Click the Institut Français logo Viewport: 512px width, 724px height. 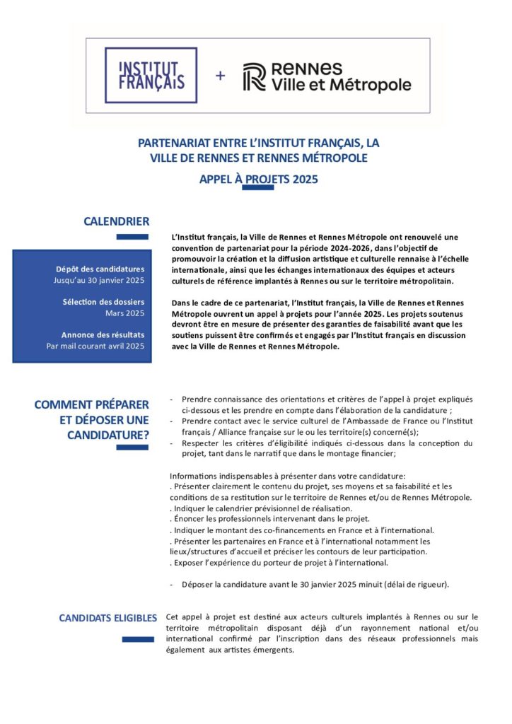click(x=151, y=75)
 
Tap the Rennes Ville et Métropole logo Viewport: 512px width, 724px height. click(x=327, y=76)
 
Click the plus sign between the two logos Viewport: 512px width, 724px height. click(x=220, y=76)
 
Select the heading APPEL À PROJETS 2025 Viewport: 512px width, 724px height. click(x=258, y=179)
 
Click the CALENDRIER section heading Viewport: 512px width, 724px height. click(x=116, y=221)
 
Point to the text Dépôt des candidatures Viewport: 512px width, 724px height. click(x=103, y=269)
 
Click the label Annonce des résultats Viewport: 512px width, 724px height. click(x=103, y=334)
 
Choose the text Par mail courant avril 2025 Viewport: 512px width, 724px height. click(x=95, y=346)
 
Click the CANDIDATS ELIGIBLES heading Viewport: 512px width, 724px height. click(x=108, y=619)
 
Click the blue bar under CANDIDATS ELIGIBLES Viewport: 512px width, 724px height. click(x=137, y=639)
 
